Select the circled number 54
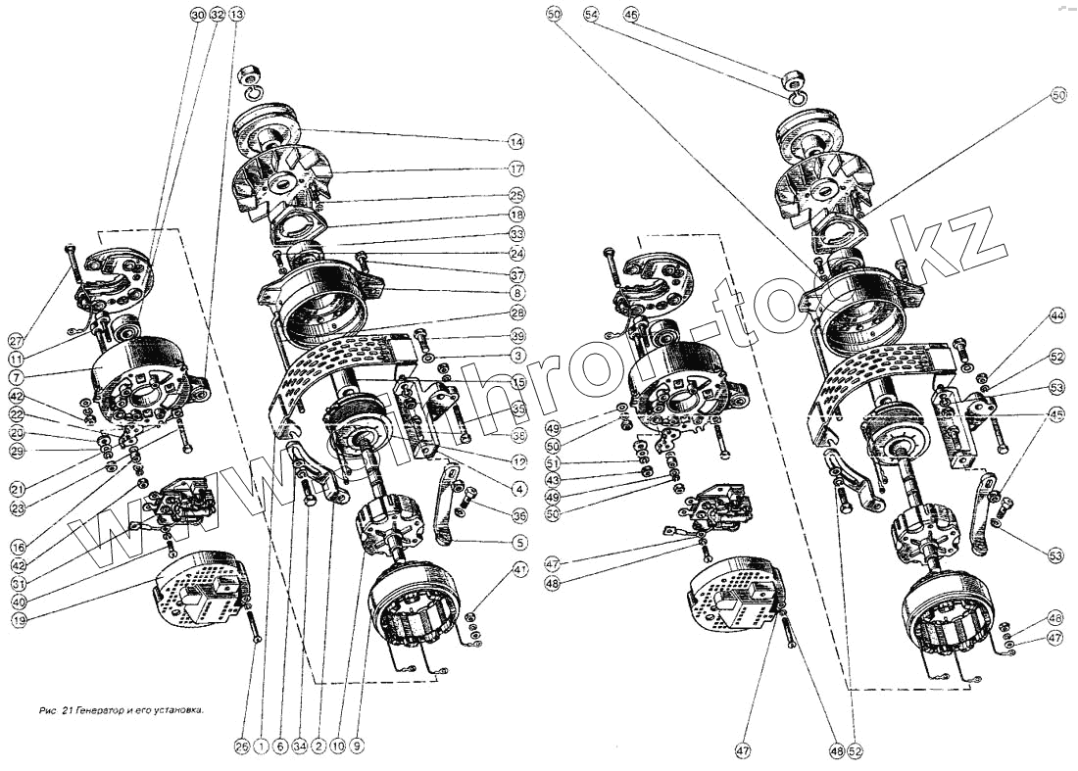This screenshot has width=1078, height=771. coord(591,15)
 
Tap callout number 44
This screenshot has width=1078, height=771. coord(1056,316)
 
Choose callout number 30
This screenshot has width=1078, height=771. coord(198,15)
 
